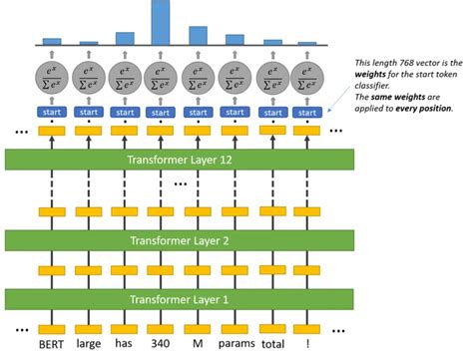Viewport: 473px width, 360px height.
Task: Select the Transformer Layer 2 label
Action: (168, 240)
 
